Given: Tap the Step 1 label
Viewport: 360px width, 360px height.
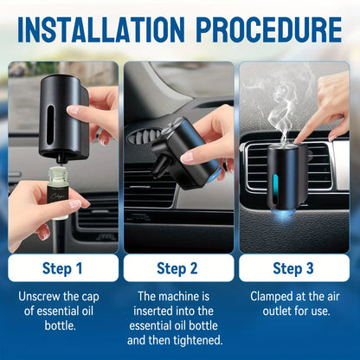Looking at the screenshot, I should pyautogui.click(x=63, y=267).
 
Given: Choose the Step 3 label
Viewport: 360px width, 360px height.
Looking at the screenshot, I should pyautogui.click(x=295, y=267).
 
